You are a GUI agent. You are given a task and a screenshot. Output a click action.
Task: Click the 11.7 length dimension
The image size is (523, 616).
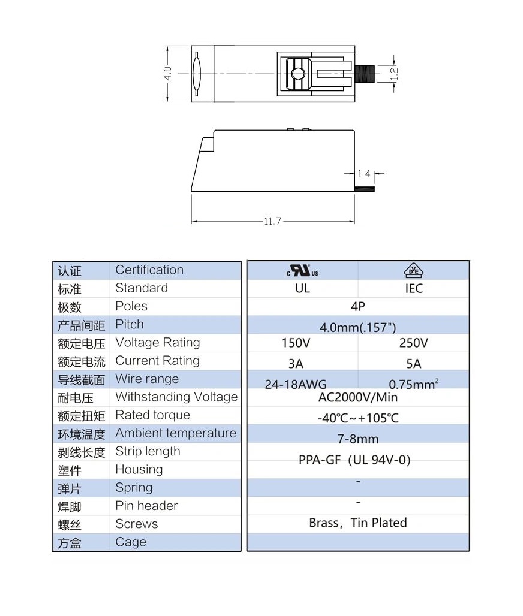click(272, 222)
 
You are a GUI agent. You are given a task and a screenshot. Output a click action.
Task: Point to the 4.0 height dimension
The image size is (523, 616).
click(168, 73)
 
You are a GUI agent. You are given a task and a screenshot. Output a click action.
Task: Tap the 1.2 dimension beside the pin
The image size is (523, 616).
click(394, 74)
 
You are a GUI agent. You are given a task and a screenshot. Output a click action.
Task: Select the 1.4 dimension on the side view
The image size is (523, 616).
click(363, 174)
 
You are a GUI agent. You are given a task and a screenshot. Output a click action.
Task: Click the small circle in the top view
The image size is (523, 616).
click(296, 74)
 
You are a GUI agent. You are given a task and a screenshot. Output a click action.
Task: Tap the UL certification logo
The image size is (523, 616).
click(302, 271)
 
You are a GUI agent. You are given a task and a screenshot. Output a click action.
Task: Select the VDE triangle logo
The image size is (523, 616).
click(413, 271)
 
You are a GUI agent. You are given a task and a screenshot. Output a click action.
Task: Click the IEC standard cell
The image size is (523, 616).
click(413, 289)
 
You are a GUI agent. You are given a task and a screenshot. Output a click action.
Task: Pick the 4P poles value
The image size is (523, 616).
click(357, 307)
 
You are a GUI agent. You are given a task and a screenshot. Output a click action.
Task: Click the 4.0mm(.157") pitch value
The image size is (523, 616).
click(357, 327)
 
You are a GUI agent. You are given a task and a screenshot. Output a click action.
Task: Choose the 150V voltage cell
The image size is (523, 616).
click(296, 343)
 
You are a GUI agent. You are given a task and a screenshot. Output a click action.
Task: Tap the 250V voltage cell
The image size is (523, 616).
click(413, 343)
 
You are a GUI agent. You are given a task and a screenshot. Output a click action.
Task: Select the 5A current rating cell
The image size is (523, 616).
click(413, 364)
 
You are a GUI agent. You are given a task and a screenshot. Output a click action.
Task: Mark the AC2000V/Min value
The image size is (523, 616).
click(358, 398)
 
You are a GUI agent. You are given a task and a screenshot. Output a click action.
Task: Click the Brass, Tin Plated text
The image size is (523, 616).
click(358, 523)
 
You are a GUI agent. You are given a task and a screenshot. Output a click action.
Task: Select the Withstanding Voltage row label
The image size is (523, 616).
click(176, 397)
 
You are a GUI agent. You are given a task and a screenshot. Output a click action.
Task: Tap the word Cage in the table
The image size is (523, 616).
click(131, 542)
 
